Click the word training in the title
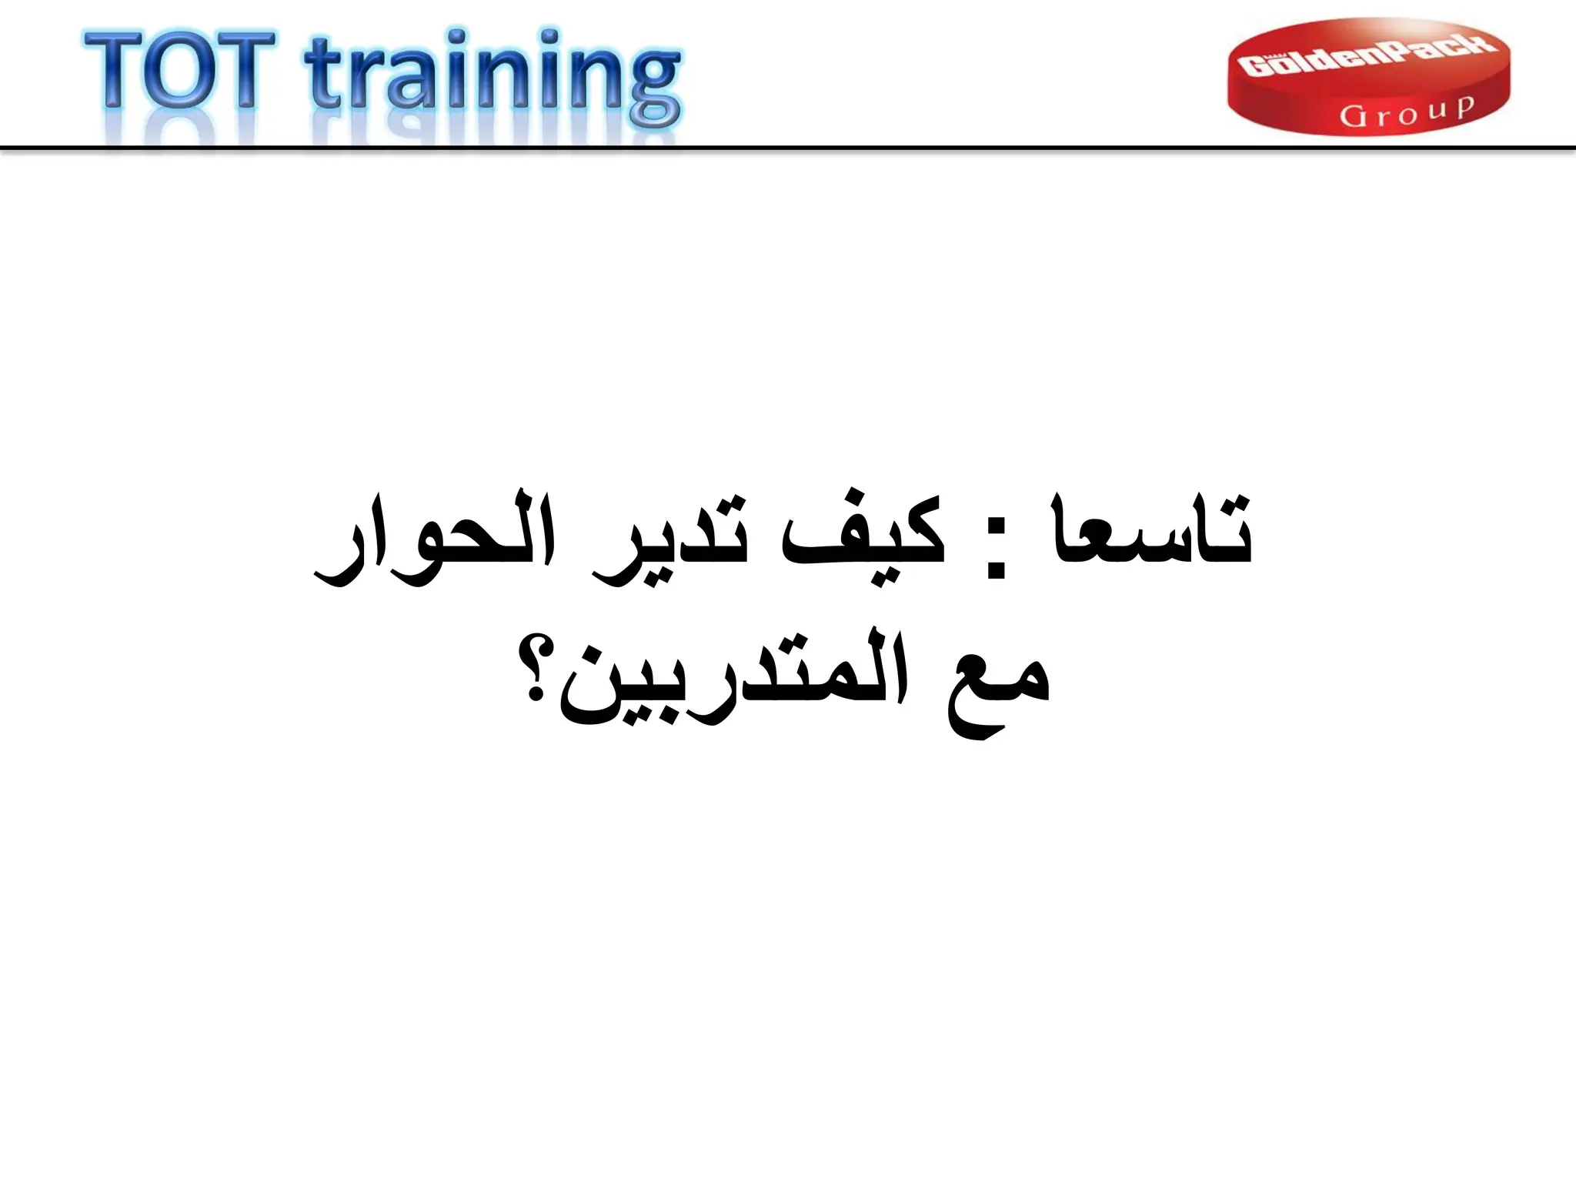click(492, 77)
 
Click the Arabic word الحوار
click(435, 539)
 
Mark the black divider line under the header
click(788, 147)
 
